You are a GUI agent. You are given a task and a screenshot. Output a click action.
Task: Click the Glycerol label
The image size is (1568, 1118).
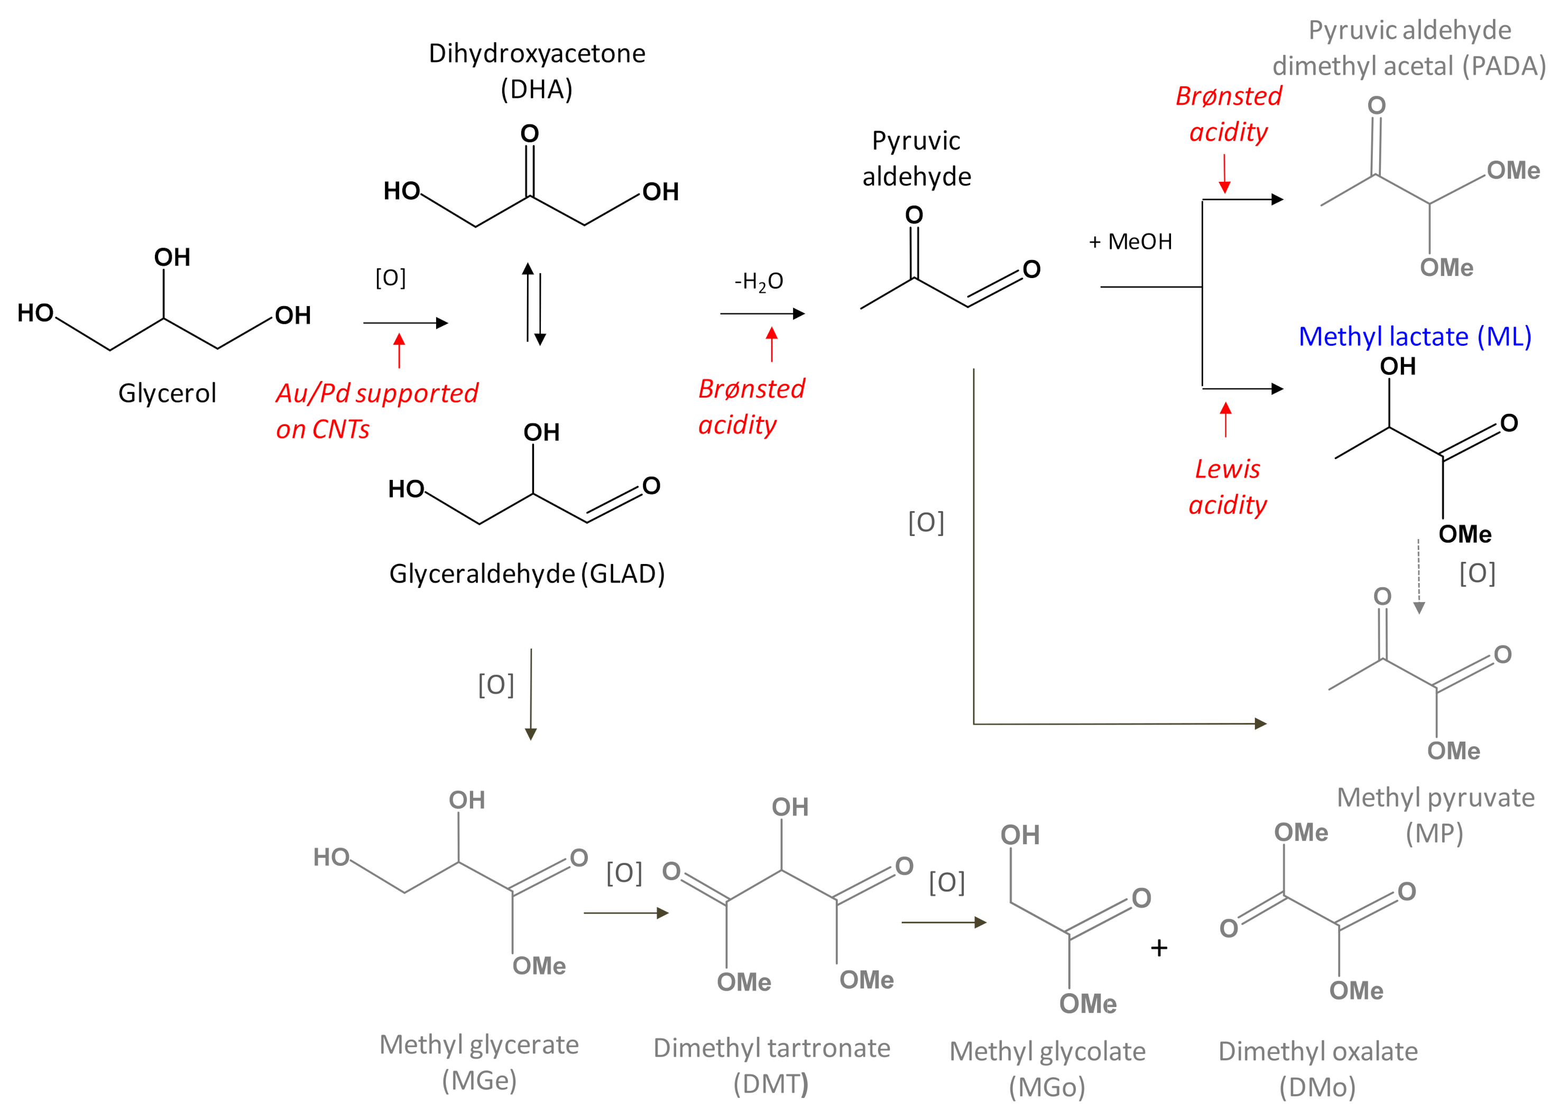(167, 393)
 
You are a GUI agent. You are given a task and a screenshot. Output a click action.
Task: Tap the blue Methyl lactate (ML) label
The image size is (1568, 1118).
(1415, 337)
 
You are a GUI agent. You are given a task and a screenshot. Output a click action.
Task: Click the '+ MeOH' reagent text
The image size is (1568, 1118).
(1130, 242)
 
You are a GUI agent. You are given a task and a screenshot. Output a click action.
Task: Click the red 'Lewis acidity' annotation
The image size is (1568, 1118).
(1228, 487)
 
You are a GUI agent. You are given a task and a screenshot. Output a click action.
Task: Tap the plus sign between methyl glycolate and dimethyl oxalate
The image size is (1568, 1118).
(1159, 948)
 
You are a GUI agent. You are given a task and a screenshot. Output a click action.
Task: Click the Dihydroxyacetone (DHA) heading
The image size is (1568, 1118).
(537, 71)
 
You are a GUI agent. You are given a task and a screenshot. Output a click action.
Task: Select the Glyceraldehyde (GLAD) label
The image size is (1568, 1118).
(527, 574)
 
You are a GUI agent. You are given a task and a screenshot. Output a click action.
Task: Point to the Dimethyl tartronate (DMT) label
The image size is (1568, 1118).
(772, 1065)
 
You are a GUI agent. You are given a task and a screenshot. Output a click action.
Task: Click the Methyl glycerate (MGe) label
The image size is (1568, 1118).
(479, 1062)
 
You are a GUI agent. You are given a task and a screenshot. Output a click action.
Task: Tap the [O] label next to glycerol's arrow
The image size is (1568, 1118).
(390, 278)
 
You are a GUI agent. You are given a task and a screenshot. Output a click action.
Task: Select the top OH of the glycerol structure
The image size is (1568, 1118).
(172, 257)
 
